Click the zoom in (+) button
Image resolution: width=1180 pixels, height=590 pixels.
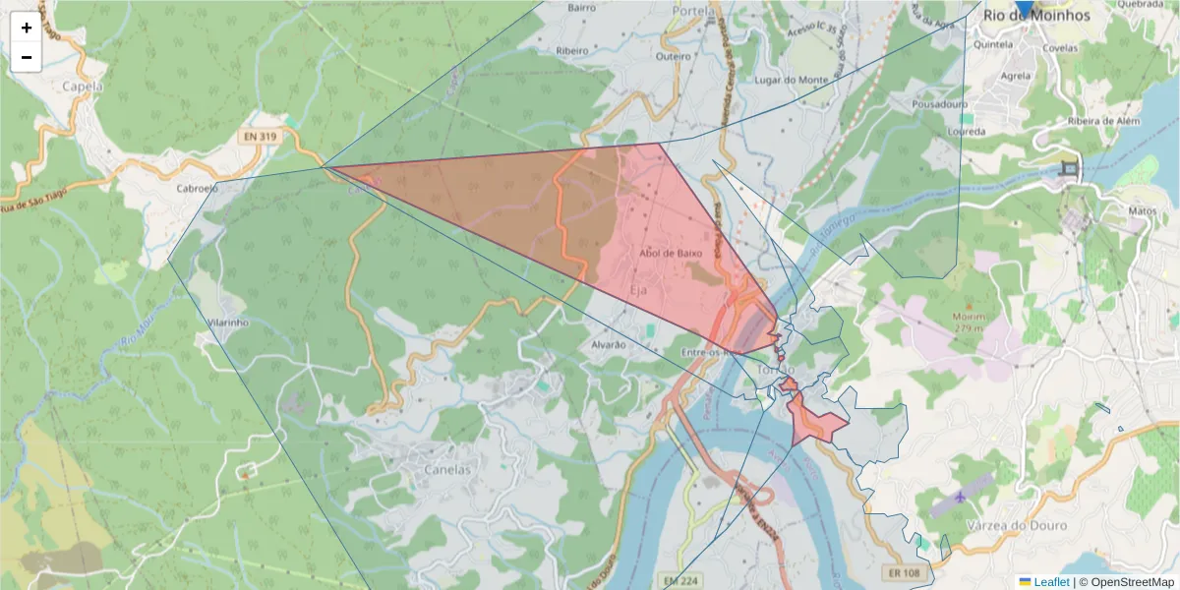[x=27, y=28]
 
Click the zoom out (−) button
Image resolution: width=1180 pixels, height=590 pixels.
[x=27, y=57]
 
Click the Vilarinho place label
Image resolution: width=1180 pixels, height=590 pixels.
[x=228, y=322]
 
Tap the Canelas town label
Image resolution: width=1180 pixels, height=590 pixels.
[x=447, y=469]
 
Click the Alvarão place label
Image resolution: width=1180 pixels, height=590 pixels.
[x=608, y=344]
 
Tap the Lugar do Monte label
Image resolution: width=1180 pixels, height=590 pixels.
[x=791, y=80]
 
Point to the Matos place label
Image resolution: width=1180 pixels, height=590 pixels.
[x=1143, y=209]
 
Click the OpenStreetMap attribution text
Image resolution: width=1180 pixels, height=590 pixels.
[x=1132, y=582]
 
